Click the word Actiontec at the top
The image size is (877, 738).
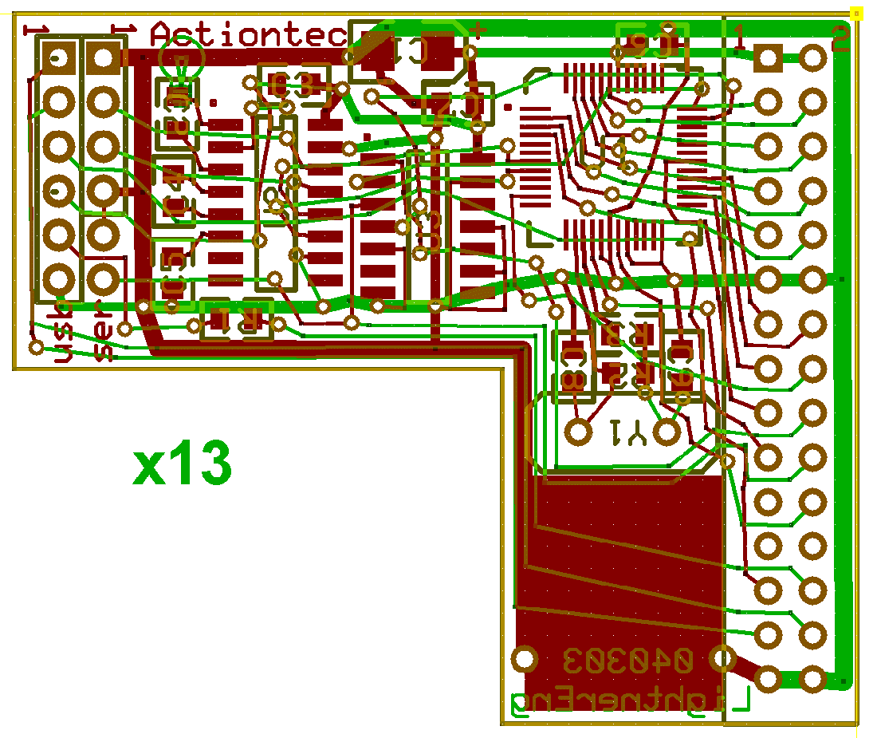(x=250, y=35)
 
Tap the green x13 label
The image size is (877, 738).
(x=183, y=466)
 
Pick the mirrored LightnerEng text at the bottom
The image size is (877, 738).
(x=630, y=700)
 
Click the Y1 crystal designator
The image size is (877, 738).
(x=627, y=433)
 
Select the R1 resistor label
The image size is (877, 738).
(x=236, y=319)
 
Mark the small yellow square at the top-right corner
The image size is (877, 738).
(x=857, y=14)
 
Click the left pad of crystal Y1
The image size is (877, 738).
(x=579, y=432)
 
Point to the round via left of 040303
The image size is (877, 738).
(x=524, y=659)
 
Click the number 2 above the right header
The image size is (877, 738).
(x=840, y=39)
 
